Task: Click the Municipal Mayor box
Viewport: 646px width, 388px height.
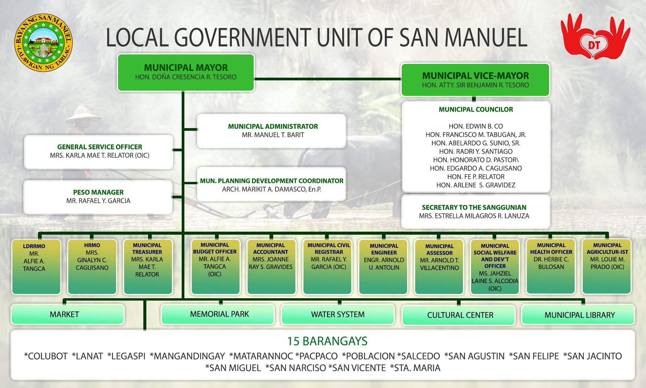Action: coord(186,73)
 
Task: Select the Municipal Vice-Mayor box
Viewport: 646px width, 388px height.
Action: coord(475,80)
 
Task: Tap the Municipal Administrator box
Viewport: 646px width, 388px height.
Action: coord(272,131)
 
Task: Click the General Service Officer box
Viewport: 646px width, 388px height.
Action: coord(99,152)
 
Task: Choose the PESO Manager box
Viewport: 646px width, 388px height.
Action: coord(98,197)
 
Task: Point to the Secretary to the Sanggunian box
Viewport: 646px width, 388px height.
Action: coord(476,211)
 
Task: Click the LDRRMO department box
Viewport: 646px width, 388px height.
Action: coord(36,267)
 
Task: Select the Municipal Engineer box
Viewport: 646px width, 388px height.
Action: coord(384,267)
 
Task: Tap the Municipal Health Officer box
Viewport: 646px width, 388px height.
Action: coord(551,267)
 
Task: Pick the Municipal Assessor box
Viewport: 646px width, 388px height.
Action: coord(439,267)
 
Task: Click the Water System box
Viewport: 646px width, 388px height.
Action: coord(338,314)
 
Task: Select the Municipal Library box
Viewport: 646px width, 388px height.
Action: coord(578,315)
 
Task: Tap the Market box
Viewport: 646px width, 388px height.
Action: coord(68,314)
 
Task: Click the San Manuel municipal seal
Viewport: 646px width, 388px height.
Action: coord(43,43)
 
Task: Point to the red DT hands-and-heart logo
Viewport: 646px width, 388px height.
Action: coord(595,36)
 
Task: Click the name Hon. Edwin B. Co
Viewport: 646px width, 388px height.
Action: coord(476,126)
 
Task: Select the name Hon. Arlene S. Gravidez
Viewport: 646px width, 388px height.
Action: coord(476,185)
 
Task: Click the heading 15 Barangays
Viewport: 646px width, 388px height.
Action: coord(327,341)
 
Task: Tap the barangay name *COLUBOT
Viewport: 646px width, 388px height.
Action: coord(46,356)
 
